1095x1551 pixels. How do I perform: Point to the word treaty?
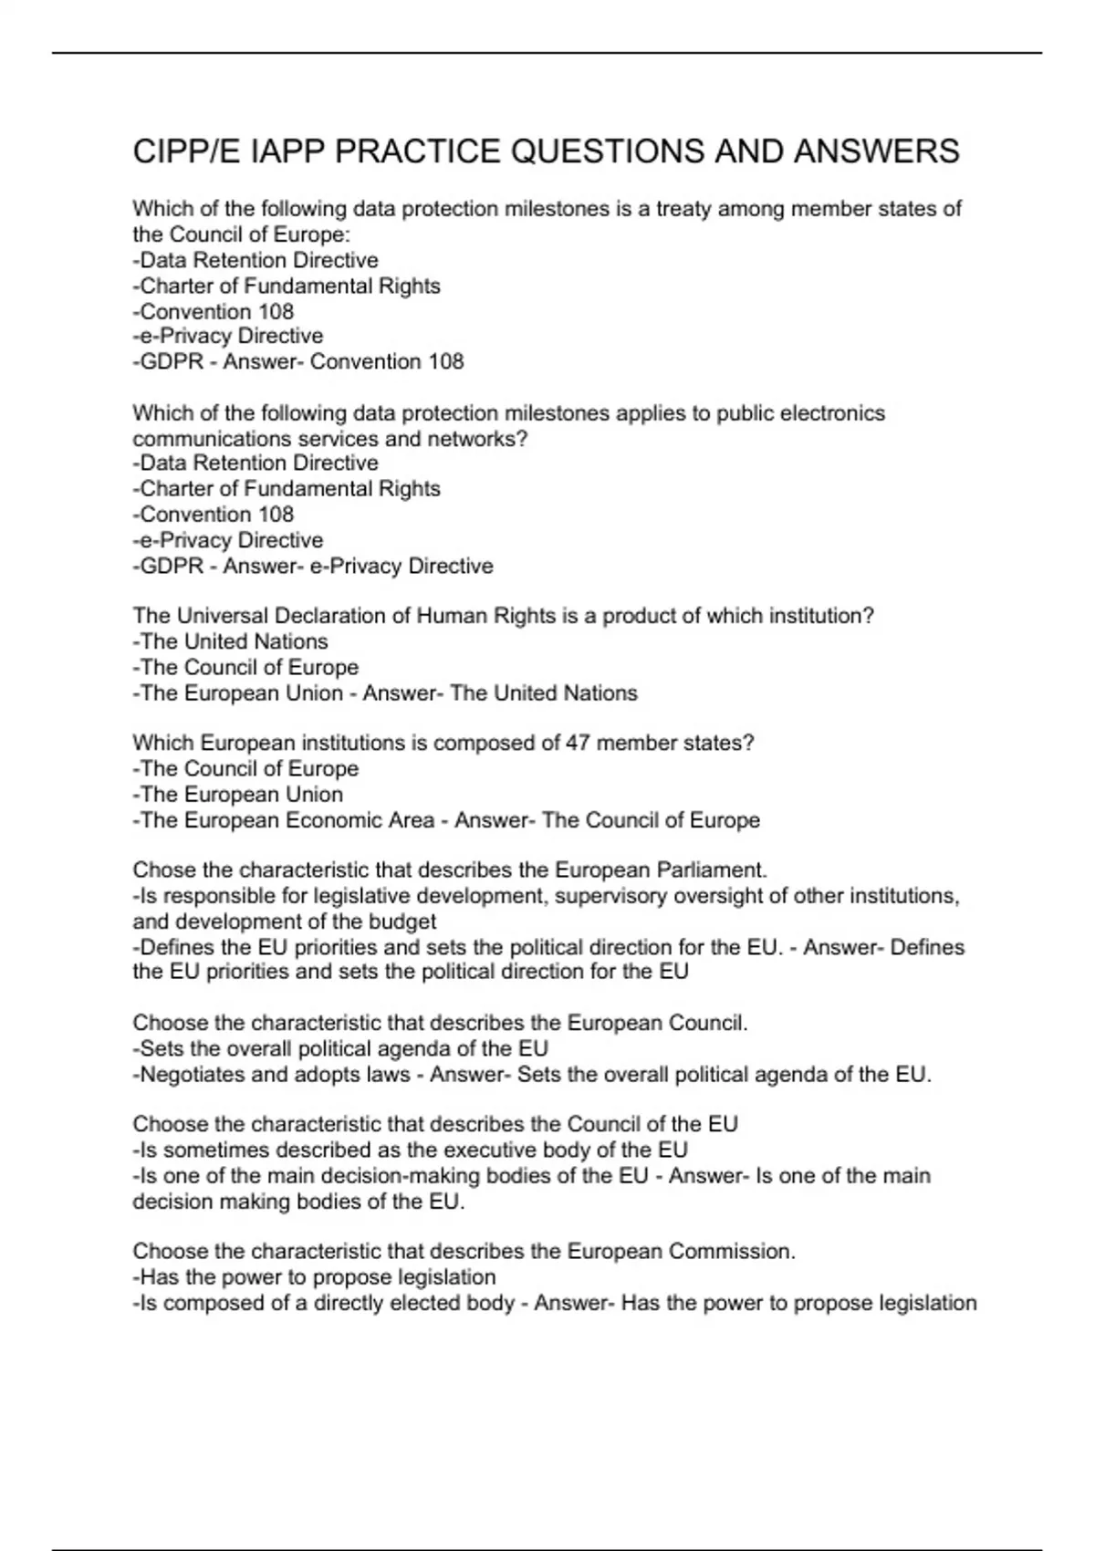coord(683,209)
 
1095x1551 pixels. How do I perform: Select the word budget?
coord(402,921)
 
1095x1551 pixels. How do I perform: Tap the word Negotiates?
coord(193,1075)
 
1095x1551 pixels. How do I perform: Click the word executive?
coord(485,1150)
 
